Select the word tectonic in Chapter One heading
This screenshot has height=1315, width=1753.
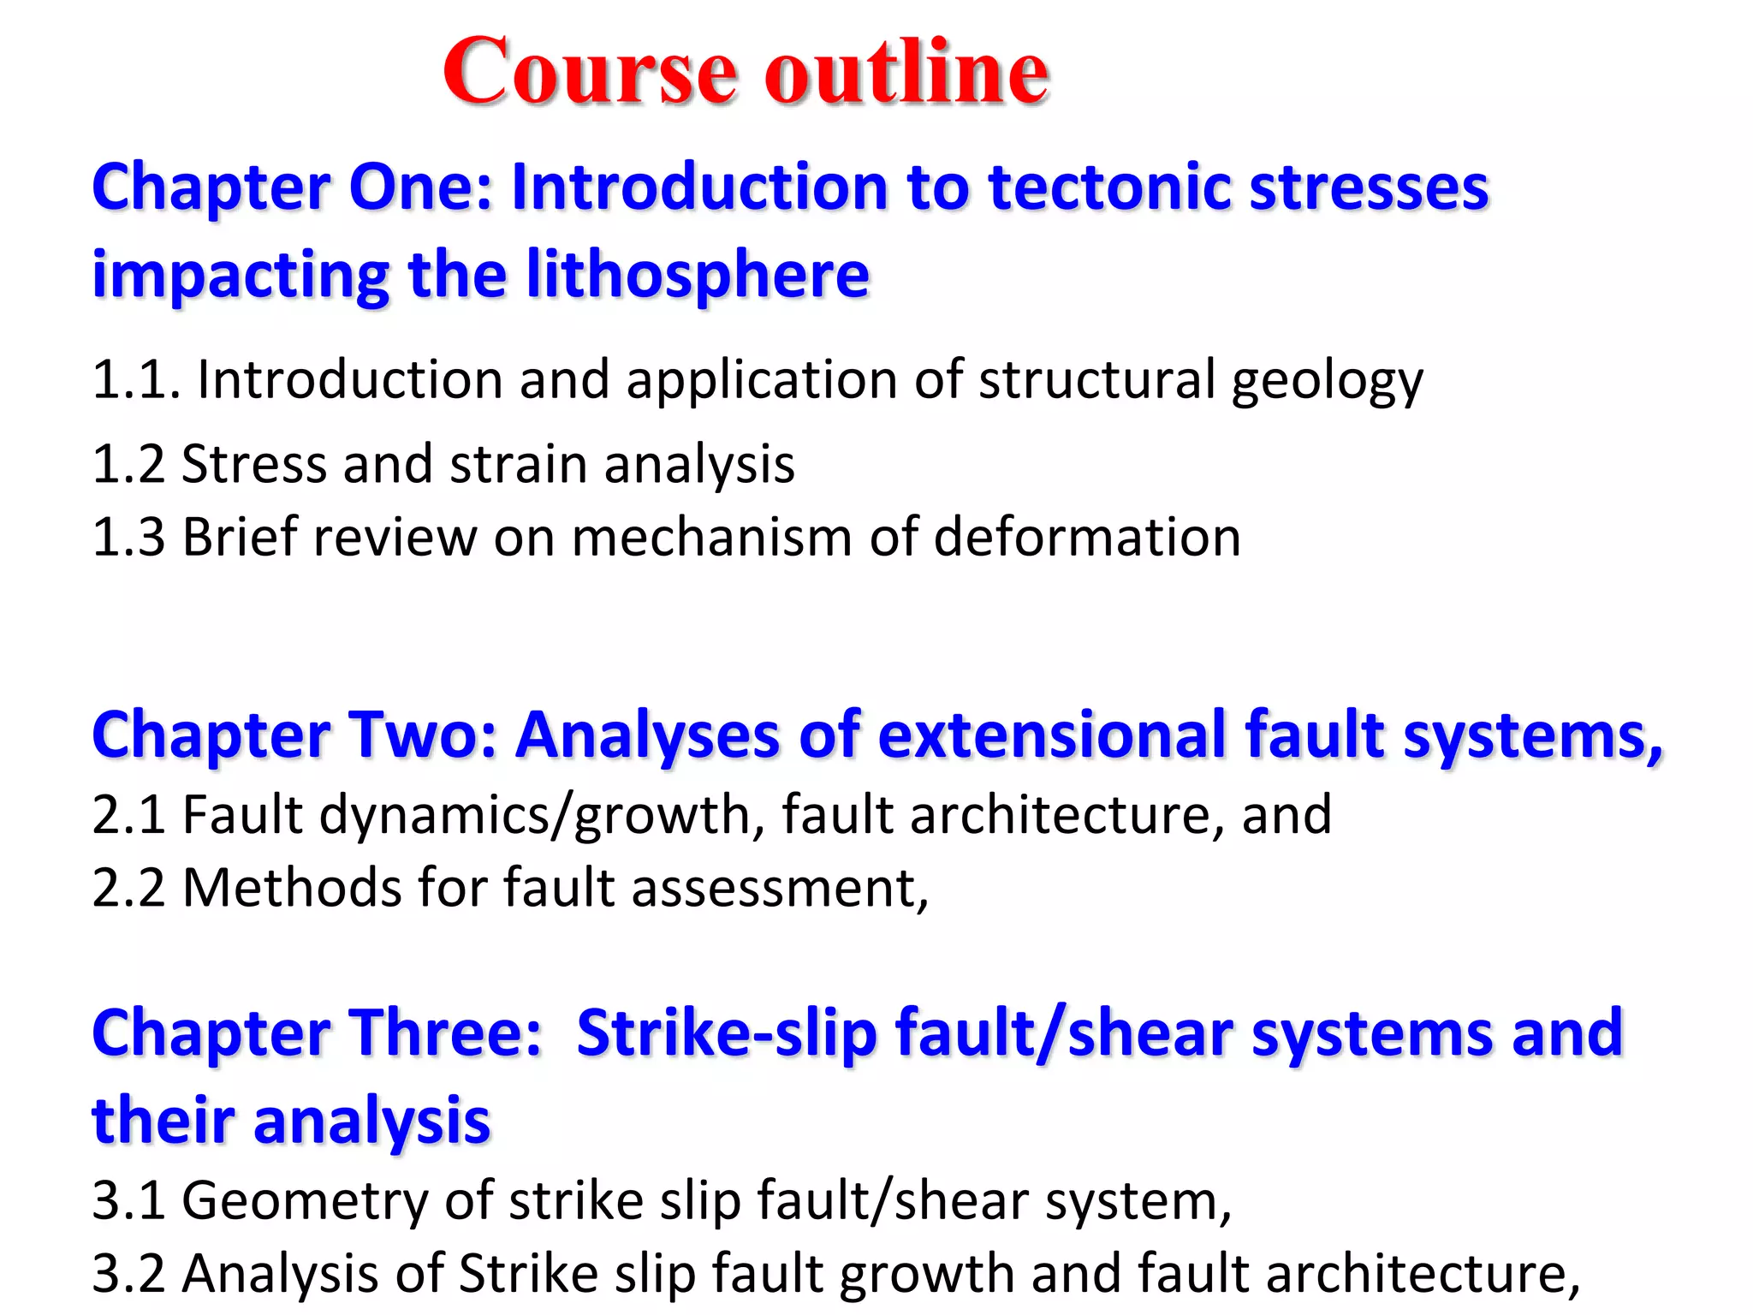(1110, 187)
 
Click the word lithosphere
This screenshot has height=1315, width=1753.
(698, 275)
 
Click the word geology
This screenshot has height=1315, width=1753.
(1327, 381)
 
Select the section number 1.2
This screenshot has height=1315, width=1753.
(128, 464)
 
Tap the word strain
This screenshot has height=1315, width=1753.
(518, 464)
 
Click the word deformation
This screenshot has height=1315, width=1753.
(1086, 538)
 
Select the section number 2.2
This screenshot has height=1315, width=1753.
(128, 888)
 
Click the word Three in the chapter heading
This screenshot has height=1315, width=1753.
(444, 1033)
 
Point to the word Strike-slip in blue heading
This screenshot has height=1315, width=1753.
(727, 1033)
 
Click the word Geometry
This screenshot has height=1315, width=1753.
(305, 1201)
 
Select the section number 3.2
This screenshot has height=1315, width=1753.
(128, 1274)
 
